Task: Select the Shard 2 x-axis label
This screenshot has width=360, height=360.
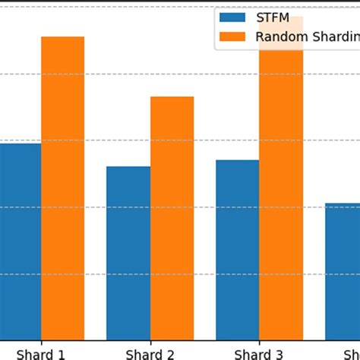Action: pyautogui.click(x=150, y=353)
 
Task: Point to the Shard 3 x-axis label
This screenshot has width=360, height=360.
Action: pyautogui.click(x=259, y=353)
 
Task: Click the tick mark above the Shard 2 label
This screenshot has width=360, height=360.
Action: pyautogui.click(x=150, y=343)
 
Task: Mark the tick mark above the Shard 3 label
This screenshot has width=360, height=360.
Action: pyautogui.click(x=259, y=343)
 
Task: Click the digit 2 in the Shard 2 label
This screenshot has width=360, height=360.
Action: pyautogui.click(x=171, y=353)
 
